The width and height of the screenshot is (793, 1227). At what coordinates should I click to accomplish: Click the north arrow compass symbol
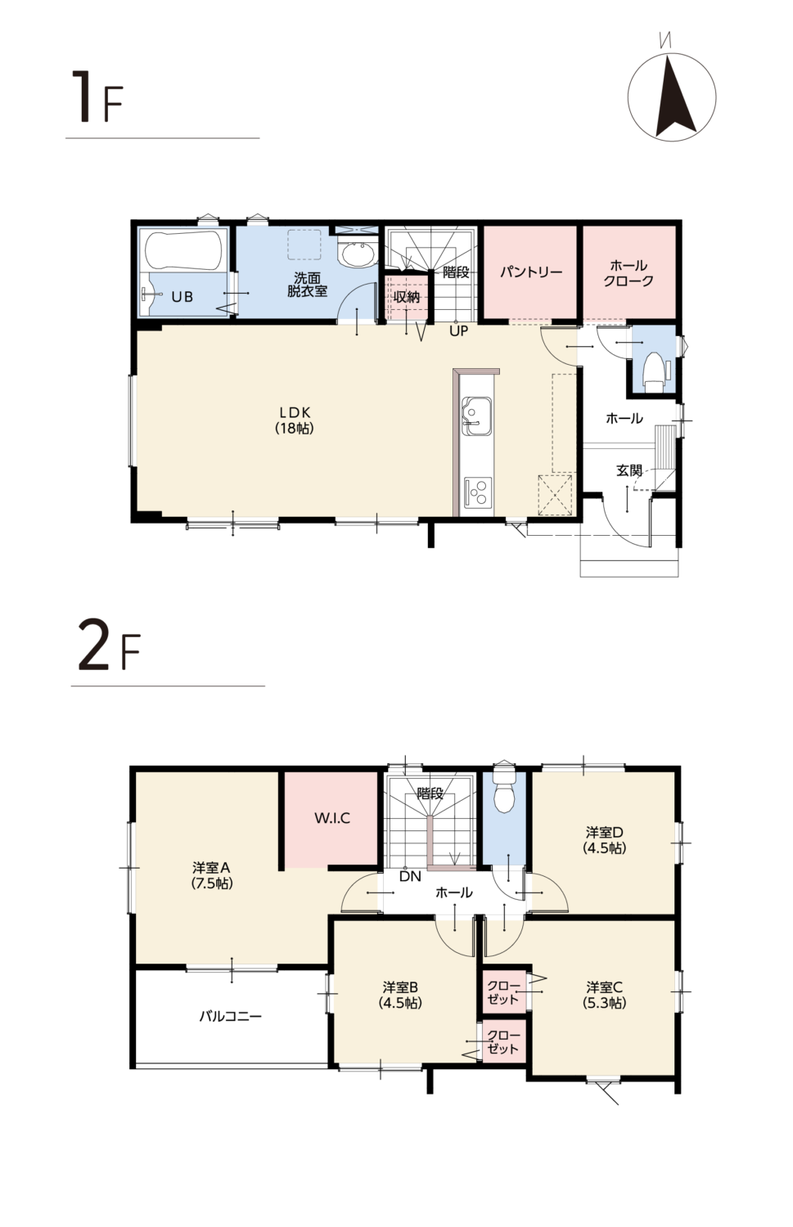[671, 97]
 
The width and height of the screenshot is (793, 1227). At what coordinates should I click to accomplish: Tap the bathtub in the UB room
[186, 251]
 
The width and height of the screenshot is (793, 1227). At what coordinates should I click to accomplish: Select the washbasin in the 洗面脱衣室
[357, 254]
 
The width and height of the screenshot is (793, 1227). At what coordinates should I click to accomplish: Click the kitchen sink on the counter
[476, 416]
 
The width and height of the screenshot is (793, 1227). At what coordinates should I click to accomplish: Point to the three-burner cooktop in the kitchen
[477, 492]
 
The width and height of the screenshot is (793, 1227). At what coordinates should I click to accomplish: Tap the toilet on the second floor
[504, 788]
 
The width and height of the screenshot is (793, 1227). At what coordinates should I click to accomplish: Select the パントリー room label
[531, 272]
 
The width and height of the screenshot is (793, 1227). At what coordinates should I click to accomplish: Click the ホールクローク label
[629, 273]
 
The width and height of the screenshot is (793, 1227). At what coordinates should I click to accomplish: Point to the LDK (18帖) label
[295, 420]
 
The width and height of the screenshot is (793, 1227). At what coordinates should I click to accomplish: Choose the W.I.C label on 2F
[332, 818]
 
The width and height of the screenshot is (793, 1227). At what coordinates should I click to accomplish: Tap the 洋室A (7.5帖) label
[212, 875]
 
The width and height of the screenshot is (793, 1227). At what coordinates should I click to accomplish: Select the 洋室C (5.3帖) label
[605, 995]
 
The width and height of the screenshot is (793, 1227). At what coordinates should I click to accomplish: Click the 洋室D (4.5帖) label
[605, 840]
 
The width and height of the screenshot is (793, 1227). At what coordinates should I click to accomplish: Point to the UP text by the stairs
[459, 330]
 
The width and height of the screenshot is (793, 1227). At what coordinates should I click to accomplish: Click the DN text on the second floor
[410, 876]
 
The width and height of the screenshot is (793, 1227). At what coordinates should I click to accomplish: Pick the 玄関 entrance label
[629, 470]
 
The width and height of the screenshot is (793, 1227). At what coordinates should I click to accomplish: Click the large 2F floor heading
[110, 651]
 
